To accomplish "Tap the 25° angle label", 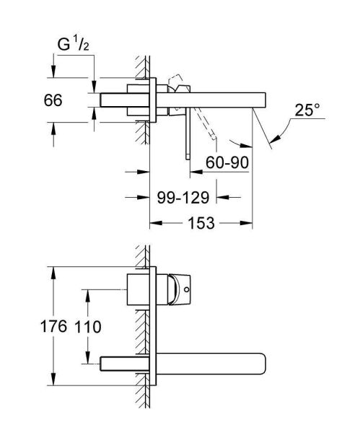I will [306, 110].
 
